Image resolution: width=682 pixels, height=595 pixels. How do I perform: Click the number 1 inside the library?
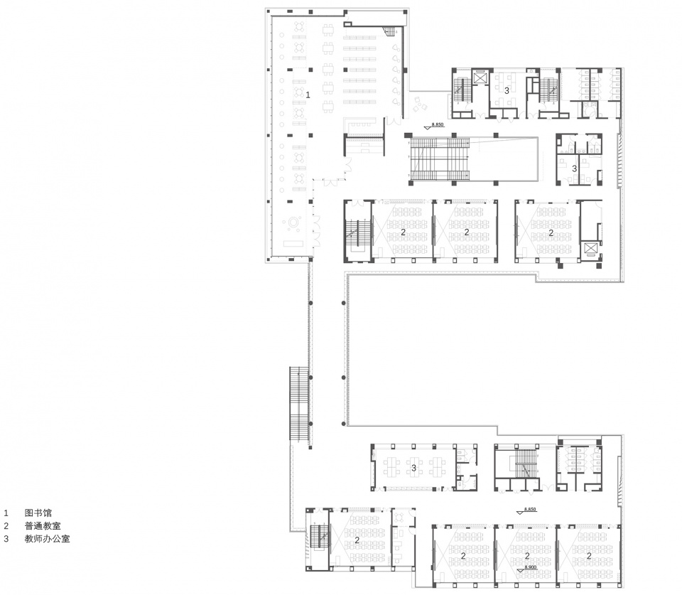pos(308,94)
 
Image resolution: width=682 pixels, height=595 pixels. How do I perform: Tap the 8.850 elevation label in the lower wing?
pos(530,510)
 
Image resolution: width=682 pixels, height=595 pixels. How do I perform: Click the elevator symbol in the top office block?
pos(480,77)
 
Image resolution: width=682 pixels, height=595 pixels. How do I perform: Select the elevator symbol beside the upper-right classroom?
pos(590,249)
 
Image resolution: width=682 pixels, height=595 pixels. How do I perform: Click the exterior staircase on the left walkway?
pos(299,405)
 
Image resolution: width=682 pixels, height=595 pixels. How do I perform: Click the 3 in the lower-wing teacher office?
pos(413,468)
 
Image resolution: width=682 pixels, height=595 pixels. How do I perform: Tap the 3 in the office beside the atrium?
pos(575,168)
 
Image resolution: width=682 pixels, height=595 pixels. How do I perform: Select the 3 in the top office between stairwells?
pos(507,91)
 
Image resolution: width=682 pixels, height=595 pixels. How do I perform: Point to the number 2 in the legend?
pos(6,525)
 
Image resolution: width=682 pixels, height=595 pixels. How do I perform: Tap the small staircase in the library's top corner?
pos(389,31)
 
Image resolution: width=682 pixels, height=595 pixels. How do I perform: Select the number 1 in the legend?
pos(6,512)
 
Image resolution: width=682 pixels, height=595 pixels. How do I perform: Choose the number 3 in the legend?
pos(6,539)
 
